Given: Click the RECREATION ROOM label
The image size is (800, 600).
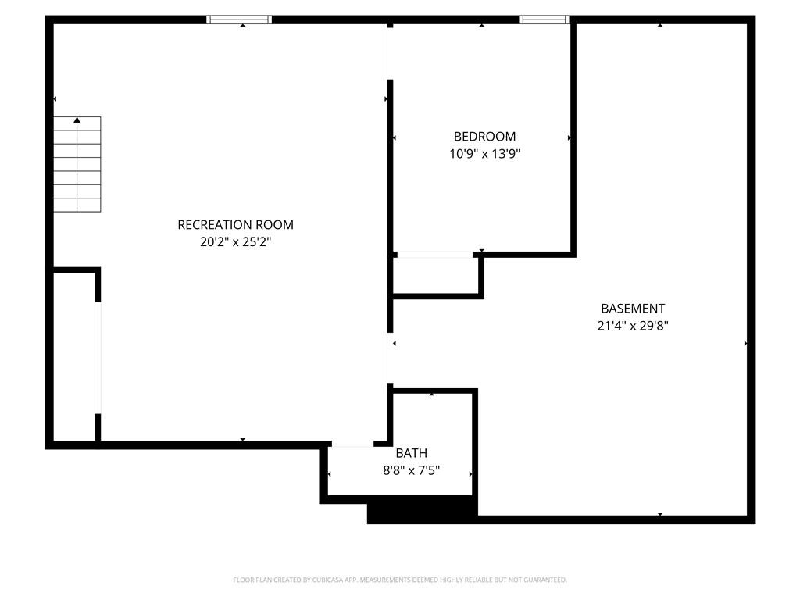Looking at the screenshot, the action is point(235,224).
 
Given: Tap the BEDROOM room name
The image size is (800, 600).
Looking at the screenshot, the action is point(484,136).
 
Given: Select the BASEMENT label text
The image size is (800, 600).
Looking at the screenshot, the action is point(633,308).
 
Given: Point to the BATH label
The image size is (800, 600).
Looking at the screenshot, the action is point(411,452).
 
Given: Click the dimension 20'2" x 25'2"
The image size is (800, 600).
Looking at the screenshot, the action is point(235,241).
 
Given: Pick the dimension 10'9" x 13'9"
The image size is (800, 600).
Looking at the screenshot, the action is point(484,153).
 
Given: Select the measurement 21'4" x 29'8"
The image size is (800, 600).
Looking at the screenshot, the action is point(633,325).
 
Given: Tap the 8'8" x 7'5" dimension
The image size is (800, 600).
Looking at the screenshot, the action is point(411,470).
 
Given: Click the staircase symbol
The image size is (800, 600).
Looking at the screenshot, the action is point(77,164).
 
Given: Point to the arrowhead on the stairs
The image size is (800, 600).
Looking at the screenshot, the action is point(77,120).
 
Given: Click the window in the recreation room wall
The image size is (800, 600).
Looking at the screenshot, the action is point(239,20).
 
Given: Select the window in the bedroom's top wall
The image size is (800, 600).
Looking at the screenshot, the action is point(544,20).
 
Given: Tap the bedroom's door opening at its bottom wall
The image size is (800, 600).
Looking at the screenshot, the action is point(435,254).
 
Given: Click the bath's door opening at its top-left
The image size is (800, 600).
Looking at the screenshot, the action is point(353,444).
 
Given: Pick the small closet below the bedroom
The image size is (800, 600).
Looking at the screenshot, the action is point(436,276).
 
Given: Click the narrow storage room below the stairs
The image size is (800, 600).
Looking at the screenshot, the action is point(74,356).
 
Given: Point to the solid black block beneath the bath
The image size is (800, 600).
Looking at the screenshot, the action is point(423,509).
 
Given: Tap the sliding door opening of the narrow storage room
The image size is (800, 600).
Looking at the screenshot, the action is point(98,358).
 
